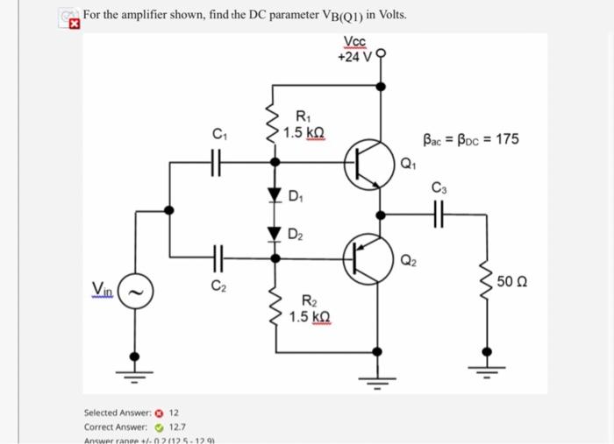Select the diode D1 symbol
(275, 194)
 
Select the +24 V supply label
(355, 57)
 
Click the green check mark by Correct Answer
(160, 426)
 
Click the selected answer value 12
(175, 412)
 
